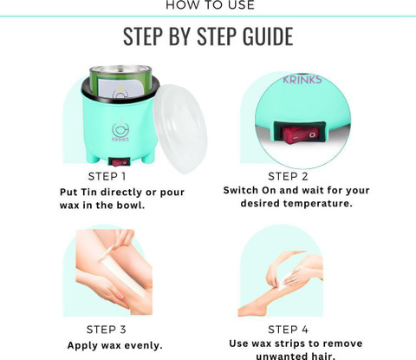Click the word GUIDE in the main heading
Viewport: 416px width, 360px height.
tap(268, 36)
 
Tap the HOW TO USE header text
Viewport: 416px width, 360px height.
tap(211, 5)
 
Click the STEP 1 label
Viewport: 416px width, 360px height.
tap(107, 176)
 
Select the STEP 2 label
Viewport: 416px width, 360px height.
tap(288, 176)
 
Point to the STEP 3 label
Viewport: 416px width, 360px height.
tap(107, 330)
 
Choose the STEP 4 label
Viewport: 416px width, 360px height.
tap(288, 330)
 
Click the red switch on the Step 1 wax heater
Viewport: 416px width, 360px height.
tap(119, 162)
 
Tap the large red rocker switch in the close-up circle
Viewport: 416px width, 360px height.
tap(301, 134)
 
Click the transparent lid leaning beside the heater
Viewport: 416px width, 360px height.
tap(180, 128)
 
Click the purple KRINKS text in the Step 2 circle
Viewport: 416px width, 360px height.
tap(302, 80)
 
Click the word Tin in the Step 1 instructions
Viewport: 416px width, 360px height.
tap(88, 193)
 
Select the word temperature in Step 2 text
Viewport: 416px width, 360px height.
tap(318, 204)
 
